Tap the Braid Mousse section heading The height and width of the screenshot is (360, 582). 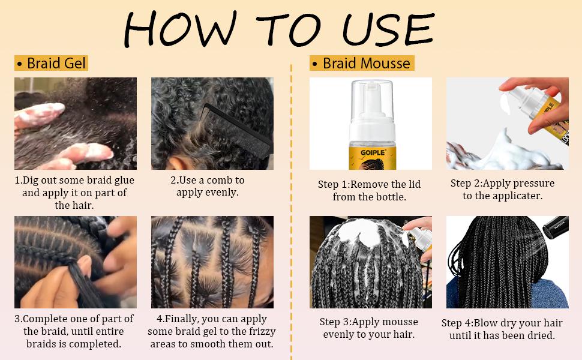(x=361, y=63)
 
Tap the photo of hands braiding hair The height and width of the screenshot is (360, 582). (x=76, y=262)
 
